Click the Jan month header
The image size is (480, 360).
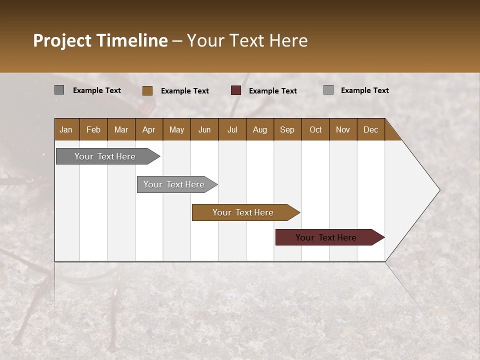(x=66, y=129)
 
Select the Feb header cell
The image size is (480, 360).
(x=93, y=129)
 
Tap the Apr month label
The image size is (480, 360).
(x=148, y=129)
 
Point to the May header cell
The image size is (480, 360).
(x=176, y=129)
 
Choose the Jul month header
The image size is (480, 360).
(x=232, y=129)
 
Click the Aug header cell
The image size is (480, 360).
(x=259, y=129)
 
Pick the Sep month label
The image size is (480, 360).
(x=287, y=129)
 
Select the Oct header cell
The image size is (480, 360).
(x=315, y=129)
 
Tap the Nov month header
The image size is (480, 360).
(x=343, y=129)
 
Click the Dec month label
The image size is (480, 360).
(x=370, y=129)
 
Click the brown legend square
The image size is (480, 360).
(x=147, y=90)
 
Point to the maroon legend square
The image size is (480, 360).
(x=236, y=90)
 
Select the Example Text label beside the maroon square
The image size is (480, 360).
(x=273, y=91)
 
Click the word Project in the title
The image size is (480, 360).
(x=62, y=40)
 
